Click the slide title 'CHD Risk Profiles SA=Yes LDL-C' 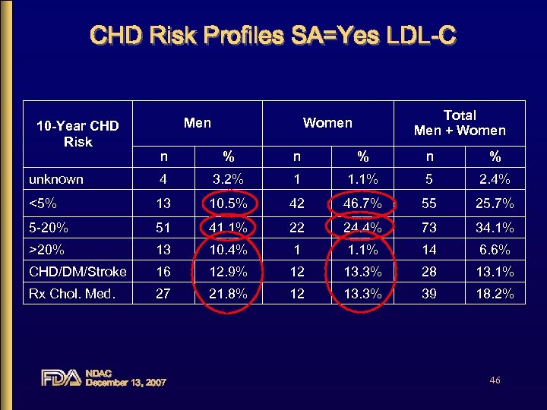coord(273,36)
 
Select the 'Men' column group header coord(198,122)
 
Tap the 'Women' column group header coord(327,122)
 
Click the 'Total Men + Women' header coord(460,123)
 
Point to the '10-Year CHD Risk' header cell coord(78,134)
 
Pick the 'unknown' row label coord(56,180)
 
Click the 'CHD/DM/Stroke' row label coord(77,271)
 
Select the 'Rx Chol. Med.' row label coord(71,294)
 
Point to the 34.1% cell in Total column coord(495,226)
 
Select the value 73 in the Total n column coord(429,226)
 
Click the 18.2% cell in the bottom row coord(495,294)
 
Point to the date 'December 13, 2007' coord(126,382)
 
